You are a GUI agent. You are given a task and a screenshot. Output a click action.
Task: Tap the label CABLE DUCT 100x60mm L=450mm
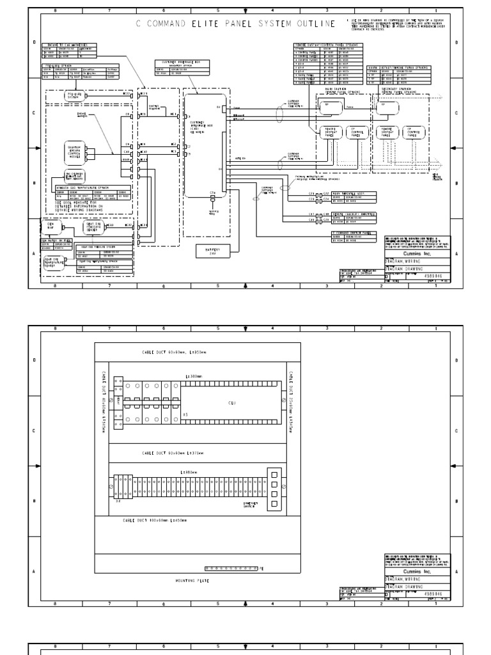coord(155,521)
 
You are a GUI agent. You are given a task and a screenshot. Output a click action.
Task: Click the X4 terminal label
coord(118,501)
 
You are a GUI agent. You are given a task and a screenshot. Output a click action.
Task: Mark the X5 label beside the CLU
coord(185,414)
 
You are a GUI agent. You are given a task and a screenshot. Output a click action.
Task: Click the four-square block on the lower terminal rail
coord(274,488)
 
